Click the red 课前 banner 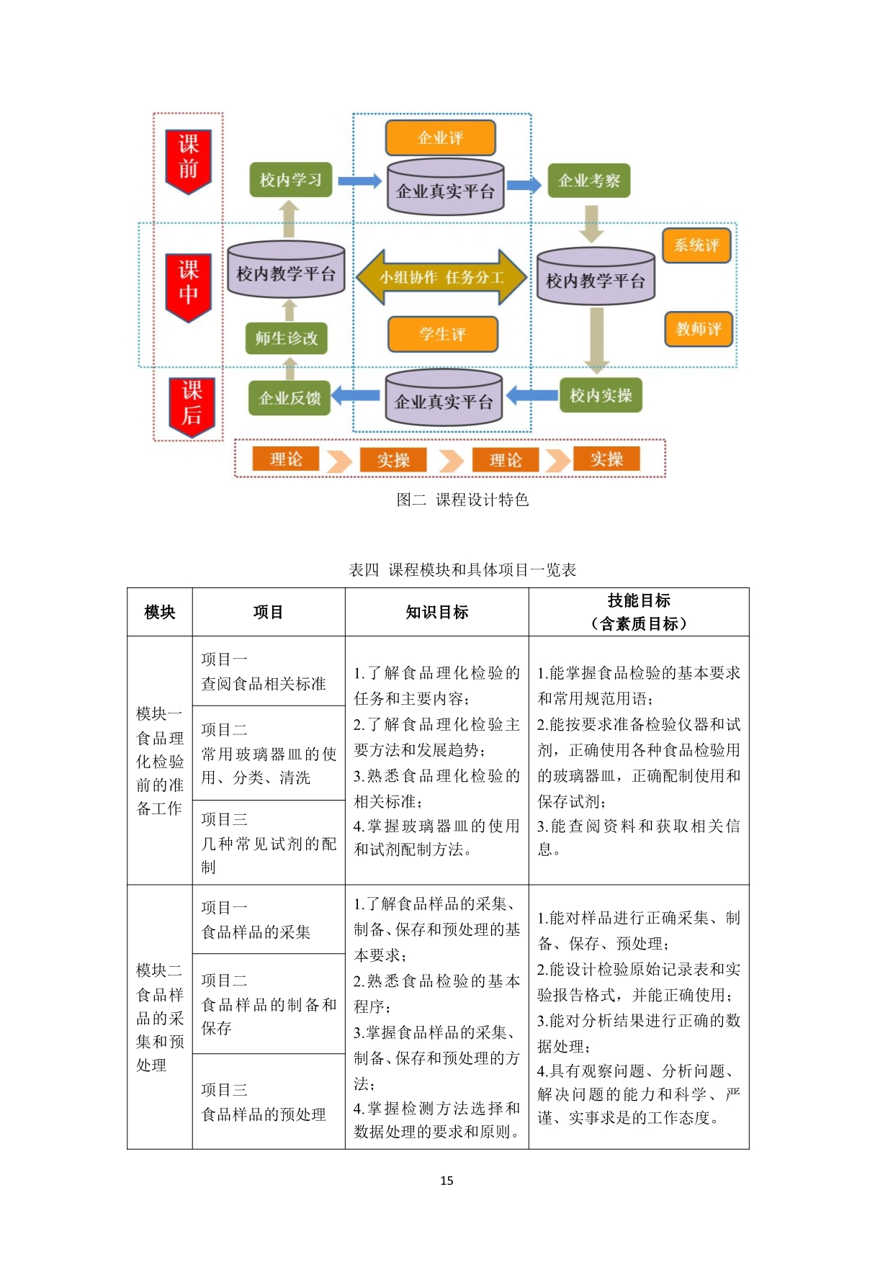[188, 161]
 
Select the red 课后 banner [192, 407]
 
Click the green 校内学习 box [291, 180]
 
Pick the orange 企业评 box [441, 138]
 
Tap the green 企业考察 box [589, 181]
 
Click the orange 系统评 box [696, 245]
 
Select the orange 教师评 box [699, 330]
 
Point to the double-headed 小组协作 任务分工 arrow [441, 278]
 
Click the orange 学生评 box [443, 334]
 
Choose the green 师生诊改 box [287, 338]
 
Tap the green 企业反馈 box [290, 398]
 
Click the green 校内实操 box [601, 395]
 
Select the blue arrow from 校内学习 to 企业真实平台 [359, 181]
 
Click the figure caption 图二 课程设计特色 [462, 500]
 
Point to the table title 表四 [364, 570]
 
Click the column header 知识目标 [437, 613]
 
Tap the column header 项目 [269, 613]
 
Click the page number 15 [447, 1181]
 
